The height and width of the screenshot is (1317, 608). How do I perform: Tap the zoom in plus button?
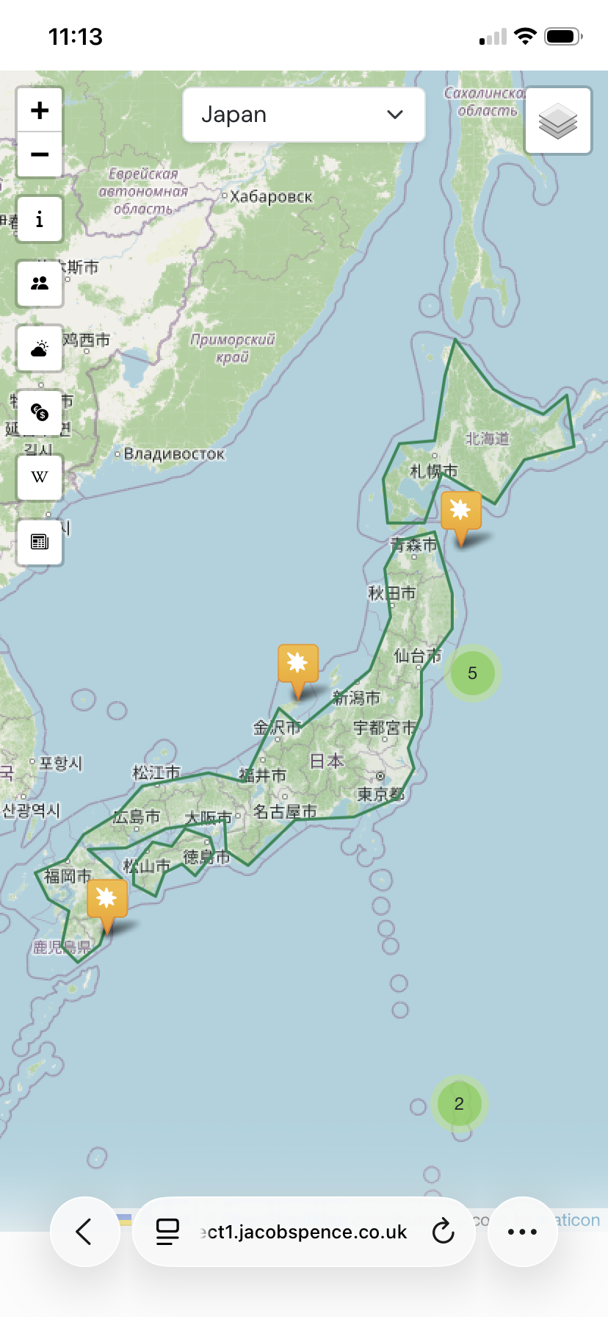(40, 110)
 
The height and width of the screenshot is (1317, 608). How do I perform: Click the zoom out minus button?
(40, 154)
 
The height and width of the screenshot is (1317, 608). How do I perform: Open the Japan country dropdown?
(303, 115)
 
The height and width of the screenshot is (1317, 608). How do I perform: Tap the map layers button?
(558, 121)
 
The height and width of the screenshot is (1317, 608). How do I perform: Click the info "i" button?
(40, 219)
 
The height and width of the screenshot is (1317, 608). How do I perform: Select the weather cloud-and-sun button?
(40, 348)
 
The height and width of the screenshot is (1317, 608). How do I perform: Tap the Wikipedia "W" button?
(40, 477)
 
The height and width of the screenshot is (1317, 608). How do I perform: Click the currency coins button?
(40, 412)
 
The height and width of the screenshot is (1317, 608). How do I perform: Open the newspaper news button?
(40, 542)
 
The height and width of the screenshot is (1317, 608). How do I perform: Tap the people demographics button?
(40, 284)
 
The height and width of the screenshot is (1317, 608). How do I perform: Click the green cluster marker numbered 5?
(472, 672)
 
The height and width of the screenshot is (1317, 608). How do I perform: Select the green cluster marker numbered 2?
(459, 1103)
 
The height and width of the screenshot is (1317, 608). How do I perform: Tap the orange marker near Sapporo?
(460, 512)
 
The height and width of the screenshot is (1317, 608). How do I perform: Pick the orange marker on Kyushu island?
(107, 900)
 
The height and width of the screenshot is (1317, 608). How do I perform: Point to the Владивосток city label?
(174, 453)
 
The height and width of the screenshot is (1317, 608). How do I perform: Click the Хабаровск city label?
(271, 196)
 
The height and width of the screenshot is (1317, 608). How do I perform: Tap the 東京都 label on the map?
(381, 794)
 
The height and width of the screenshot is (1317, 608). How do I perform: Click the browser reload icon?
(443, 1231)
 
